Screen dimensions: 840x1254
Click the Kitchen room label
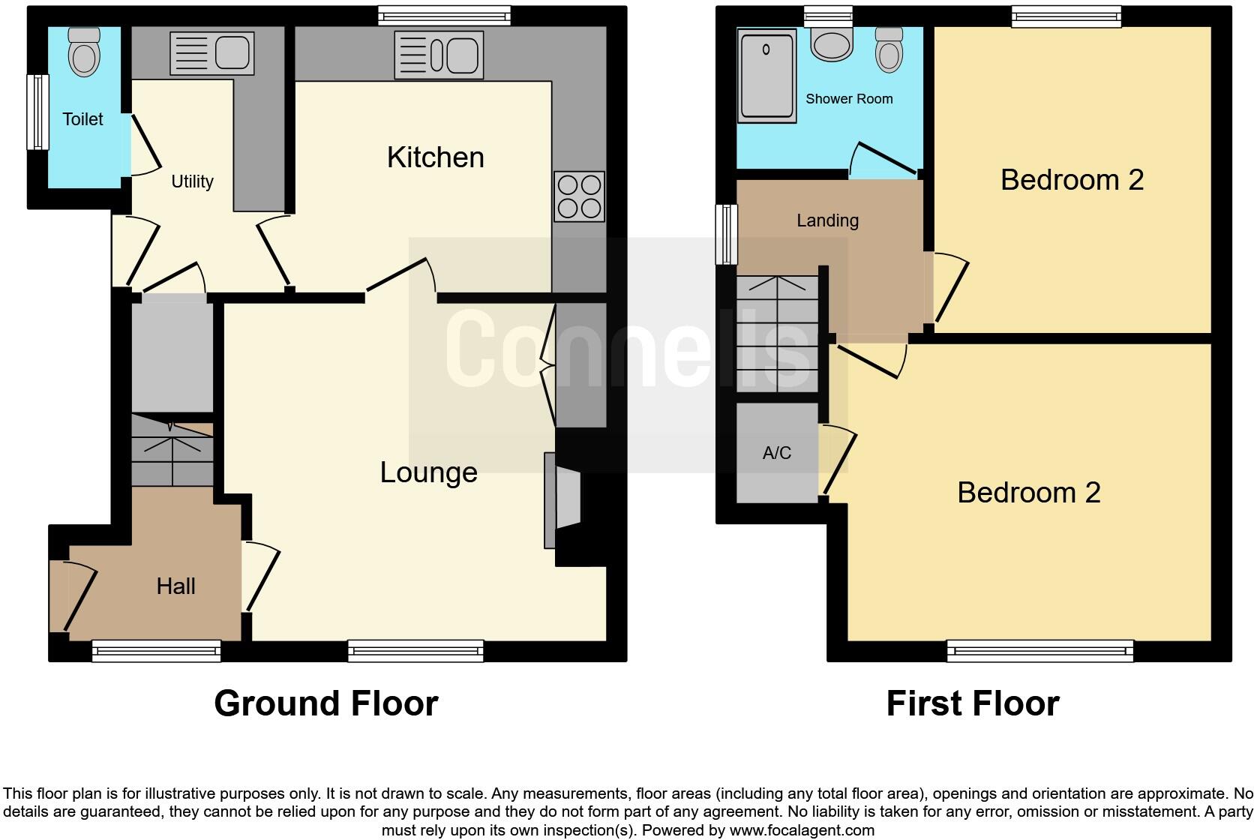(x=435, y=157)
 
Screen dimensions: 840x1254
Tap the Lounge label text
(x=428, y=472)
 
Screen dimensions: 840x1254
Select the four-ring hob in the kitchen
(x=579, y=196)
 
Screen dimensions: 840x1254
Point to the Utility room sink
(x=211, y=53)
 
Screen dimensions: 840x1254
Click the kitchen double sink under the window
(x=438, y=55)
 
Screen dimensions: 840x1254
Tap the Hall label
(x=175, y=586)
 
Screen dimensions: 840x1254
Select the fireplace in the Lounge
(x=564, y=500)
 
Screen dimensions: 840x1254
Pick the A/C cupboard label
(x=776, y=453)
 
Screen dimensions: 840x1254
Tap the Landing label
(x=827, y=220)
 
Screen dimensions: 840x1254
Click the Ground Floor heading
(x=325, y=703)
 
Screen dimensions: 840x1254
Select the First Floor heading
(x=972, y=703)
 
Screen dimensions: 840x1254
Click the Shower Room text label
(x=849, y=99)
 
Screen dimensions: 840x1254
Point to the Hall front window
(x=156, y=651)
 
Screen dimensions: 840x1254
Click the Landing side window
(x=725, y=234)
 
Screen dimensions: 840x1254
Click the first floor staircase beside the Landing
(x=777, y=334)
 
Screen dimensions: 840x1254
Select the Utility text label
(x=192, y=181)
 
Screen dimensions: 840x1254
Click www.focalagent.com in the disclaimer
(x=802, y=830)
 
